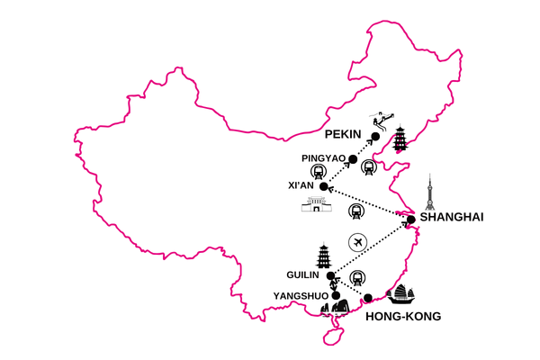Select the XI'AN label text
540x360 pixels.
click(301, 185)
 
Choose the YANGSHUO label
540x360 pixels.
click(301, 295)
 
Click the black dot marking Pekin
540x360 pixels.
click(376, 136)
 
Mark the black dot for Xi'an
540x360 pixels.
click(324, 186)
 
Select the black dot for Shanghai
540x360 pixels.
click(410, 219)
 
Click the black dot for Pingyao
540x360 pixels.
click(353, 159)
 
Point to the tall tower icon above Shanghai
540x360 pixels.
click(428, 193)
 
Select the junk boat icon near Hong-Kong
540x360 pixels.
click(401, 294)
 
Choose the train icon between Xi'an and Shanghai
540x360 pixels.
click(356, 211)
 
